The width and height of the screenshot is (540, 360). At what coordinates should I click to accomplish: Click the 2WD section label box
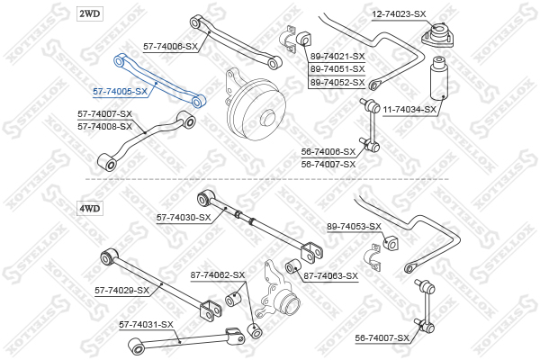point(90,13)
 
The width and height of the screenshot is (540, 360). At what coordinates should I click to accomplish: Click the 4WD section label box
point(90,208)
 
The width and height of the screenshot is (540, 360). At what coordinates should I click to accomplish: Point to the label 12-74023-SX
point(399,14)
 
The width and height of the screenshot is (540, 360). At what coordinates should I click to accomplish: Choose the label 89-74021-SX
point(337,56)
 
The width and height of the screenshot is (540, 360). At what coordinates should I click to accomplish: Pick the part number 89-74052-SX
point(337,82)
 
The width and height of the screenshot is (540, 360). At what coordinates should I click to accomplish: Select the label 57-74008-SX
point(104,126)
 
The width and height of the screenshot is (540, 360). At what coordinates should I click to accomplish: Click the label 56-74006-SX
point(328,152)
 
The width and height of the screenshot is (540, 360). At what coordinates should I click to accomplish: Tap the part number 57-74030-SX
point(184,217)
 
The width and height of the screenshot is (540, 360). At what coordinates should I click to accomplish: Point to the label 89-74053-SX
point(354,226)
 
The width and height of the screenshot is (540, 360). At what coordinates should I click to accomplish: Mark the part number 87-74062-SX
point(217,274)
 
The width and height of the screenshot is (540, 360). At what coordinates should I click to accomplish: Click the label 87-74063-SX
point(330,275)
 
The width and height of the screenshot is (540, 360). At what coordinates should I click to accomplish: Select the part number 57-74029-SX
point(121,290)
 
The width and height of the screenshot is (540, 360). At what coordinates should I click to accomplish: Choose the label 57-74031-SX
point(147,324)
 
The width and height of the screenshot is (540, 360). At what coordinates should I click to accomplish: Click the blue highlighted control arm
point(158,80)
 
